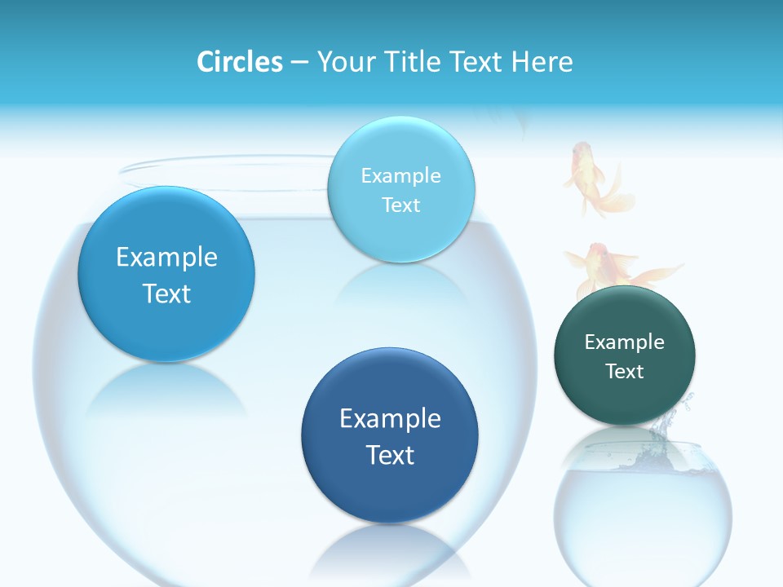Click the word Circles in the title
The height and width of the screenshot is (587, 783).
point(239,62)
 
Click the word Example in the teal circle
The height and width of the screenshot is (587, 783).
point(625,342)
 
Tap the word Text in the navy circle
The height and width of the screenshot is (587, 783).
point(389,455)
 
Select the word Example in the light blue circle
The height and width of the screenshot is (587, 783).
point(400,176)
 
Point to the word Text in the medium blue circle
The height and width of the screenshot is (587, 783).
point(166,293)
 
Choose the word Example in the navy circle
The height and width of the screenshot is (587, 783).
point(389,419)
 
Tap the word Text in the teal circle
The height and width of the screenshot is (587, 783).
point(625,372)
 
